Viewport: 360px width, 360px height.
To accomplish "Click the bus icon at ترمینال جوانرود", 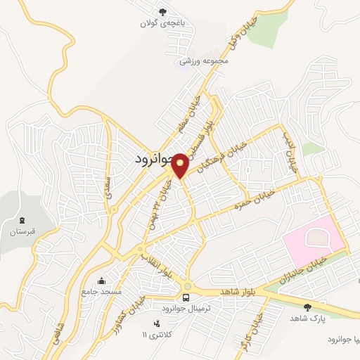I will pyautogui.click(x=186, y=286).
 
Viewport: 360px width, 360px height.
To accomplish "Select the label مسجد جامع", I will pyautogui.click(x=102, y=291).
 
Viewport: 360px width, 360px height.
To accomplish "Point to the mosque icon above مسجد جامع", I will pyautogui.click(x=104, y=281).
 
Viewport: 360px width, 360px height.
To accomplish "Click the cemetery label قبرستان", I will pyautogui.click(x=22, y=231).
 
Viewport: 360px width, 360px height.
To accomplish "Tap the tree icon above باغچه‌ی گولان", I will pyautogui.click(x=163, y=12).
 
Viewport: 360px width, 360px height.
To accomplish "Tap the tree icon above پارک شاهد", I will pyautogui.click(x=307, y=307).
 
